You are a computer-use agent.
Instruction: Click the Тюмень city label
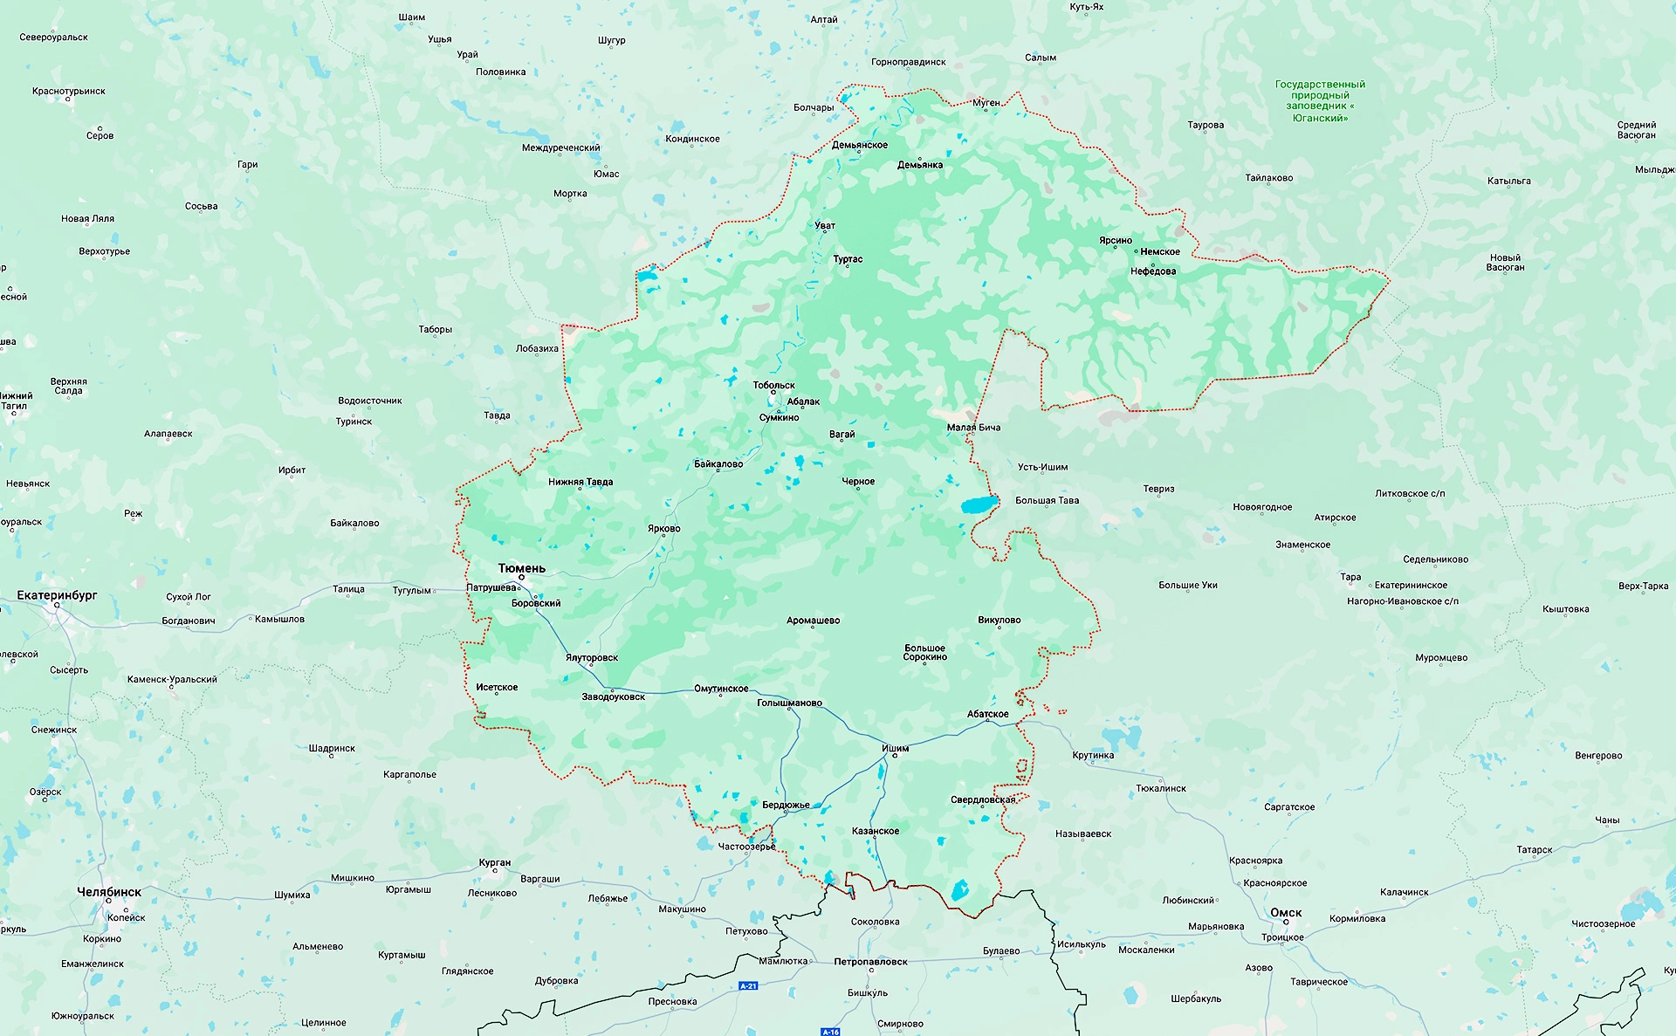click(x=521, y=568)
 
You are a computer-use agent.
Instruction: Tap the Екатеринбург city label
click(x=58, y=595)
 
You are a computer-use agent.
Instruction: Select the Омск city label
click(x=1286, y=913)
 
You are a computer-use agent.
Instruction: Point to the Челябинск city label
click(x=109, y=892)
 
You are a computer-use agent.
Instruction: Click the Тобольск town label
click(x=773, y=385)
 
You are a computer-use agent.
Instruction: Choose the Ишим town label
click(x=895, y=748)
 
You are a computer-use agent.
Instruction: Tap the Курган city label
click(x=495, y=862)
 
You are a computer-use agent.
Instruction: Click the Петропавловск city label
click(x=870, y=962)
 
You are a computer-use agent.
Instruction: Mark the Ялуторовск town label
click(x=591, y=657)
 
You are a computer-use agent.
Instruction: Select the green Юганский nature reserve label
click(x=1320, y=101)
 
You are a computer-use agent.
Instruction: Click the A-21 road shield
click(x=748, y=985)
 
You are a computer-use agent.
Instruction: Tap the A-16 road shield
click(x=830, y=1032)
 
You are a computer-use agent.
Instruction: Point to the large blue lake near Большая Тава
click(x=979, y=504)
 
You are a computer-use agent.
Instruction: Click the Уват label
click(x=825, y=225)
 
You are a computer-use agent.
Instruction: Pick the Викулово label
click(x=999, y=620)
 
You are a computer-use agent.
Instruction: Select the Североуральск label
click(x=53, y=38)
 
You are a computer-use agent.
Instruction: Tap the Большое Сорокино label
click(x=924, y=652)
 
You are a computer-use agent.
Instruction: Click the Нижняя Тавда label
click(x=580, y=482)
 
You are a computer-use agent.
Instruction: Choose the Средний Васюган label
click(x=1636, y=130)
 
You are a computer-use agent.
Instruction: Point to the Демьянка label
click(x=919, y=165)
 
